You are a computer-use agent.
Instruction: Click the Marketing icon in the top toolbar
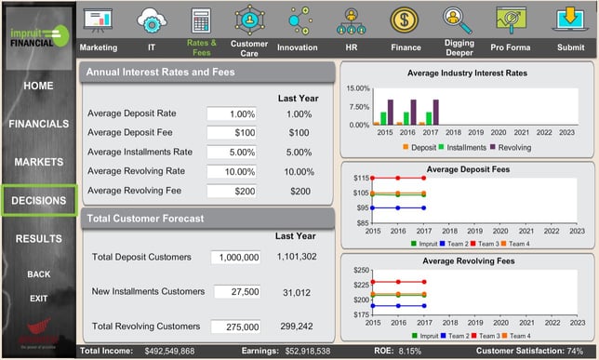98,20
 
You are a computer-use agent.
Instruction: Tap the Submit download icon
570,20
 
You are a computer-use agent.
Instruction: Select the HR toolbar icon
352,20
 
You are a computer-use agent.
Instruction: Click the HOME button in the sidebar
38,86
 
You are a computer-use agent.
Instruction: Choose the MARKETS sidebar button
38,162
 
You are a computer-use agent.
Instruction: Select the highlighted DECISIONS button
38,200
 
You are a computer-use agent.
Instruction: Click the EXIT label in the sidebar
38,299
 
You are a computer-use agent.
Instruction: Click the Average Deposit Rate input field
231,113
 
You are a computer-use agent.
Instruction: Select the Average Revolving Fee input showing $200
231,191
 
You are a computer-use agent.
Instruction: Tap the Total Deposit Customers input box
236,257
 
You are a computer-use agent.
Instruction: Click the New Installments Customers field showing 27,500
236,292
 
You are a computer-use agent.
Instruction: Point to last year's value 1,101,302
297,257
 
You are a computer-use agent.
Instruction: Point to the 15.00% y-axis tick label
358,88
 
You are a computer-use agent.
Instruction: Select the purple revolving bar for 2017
435,112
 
